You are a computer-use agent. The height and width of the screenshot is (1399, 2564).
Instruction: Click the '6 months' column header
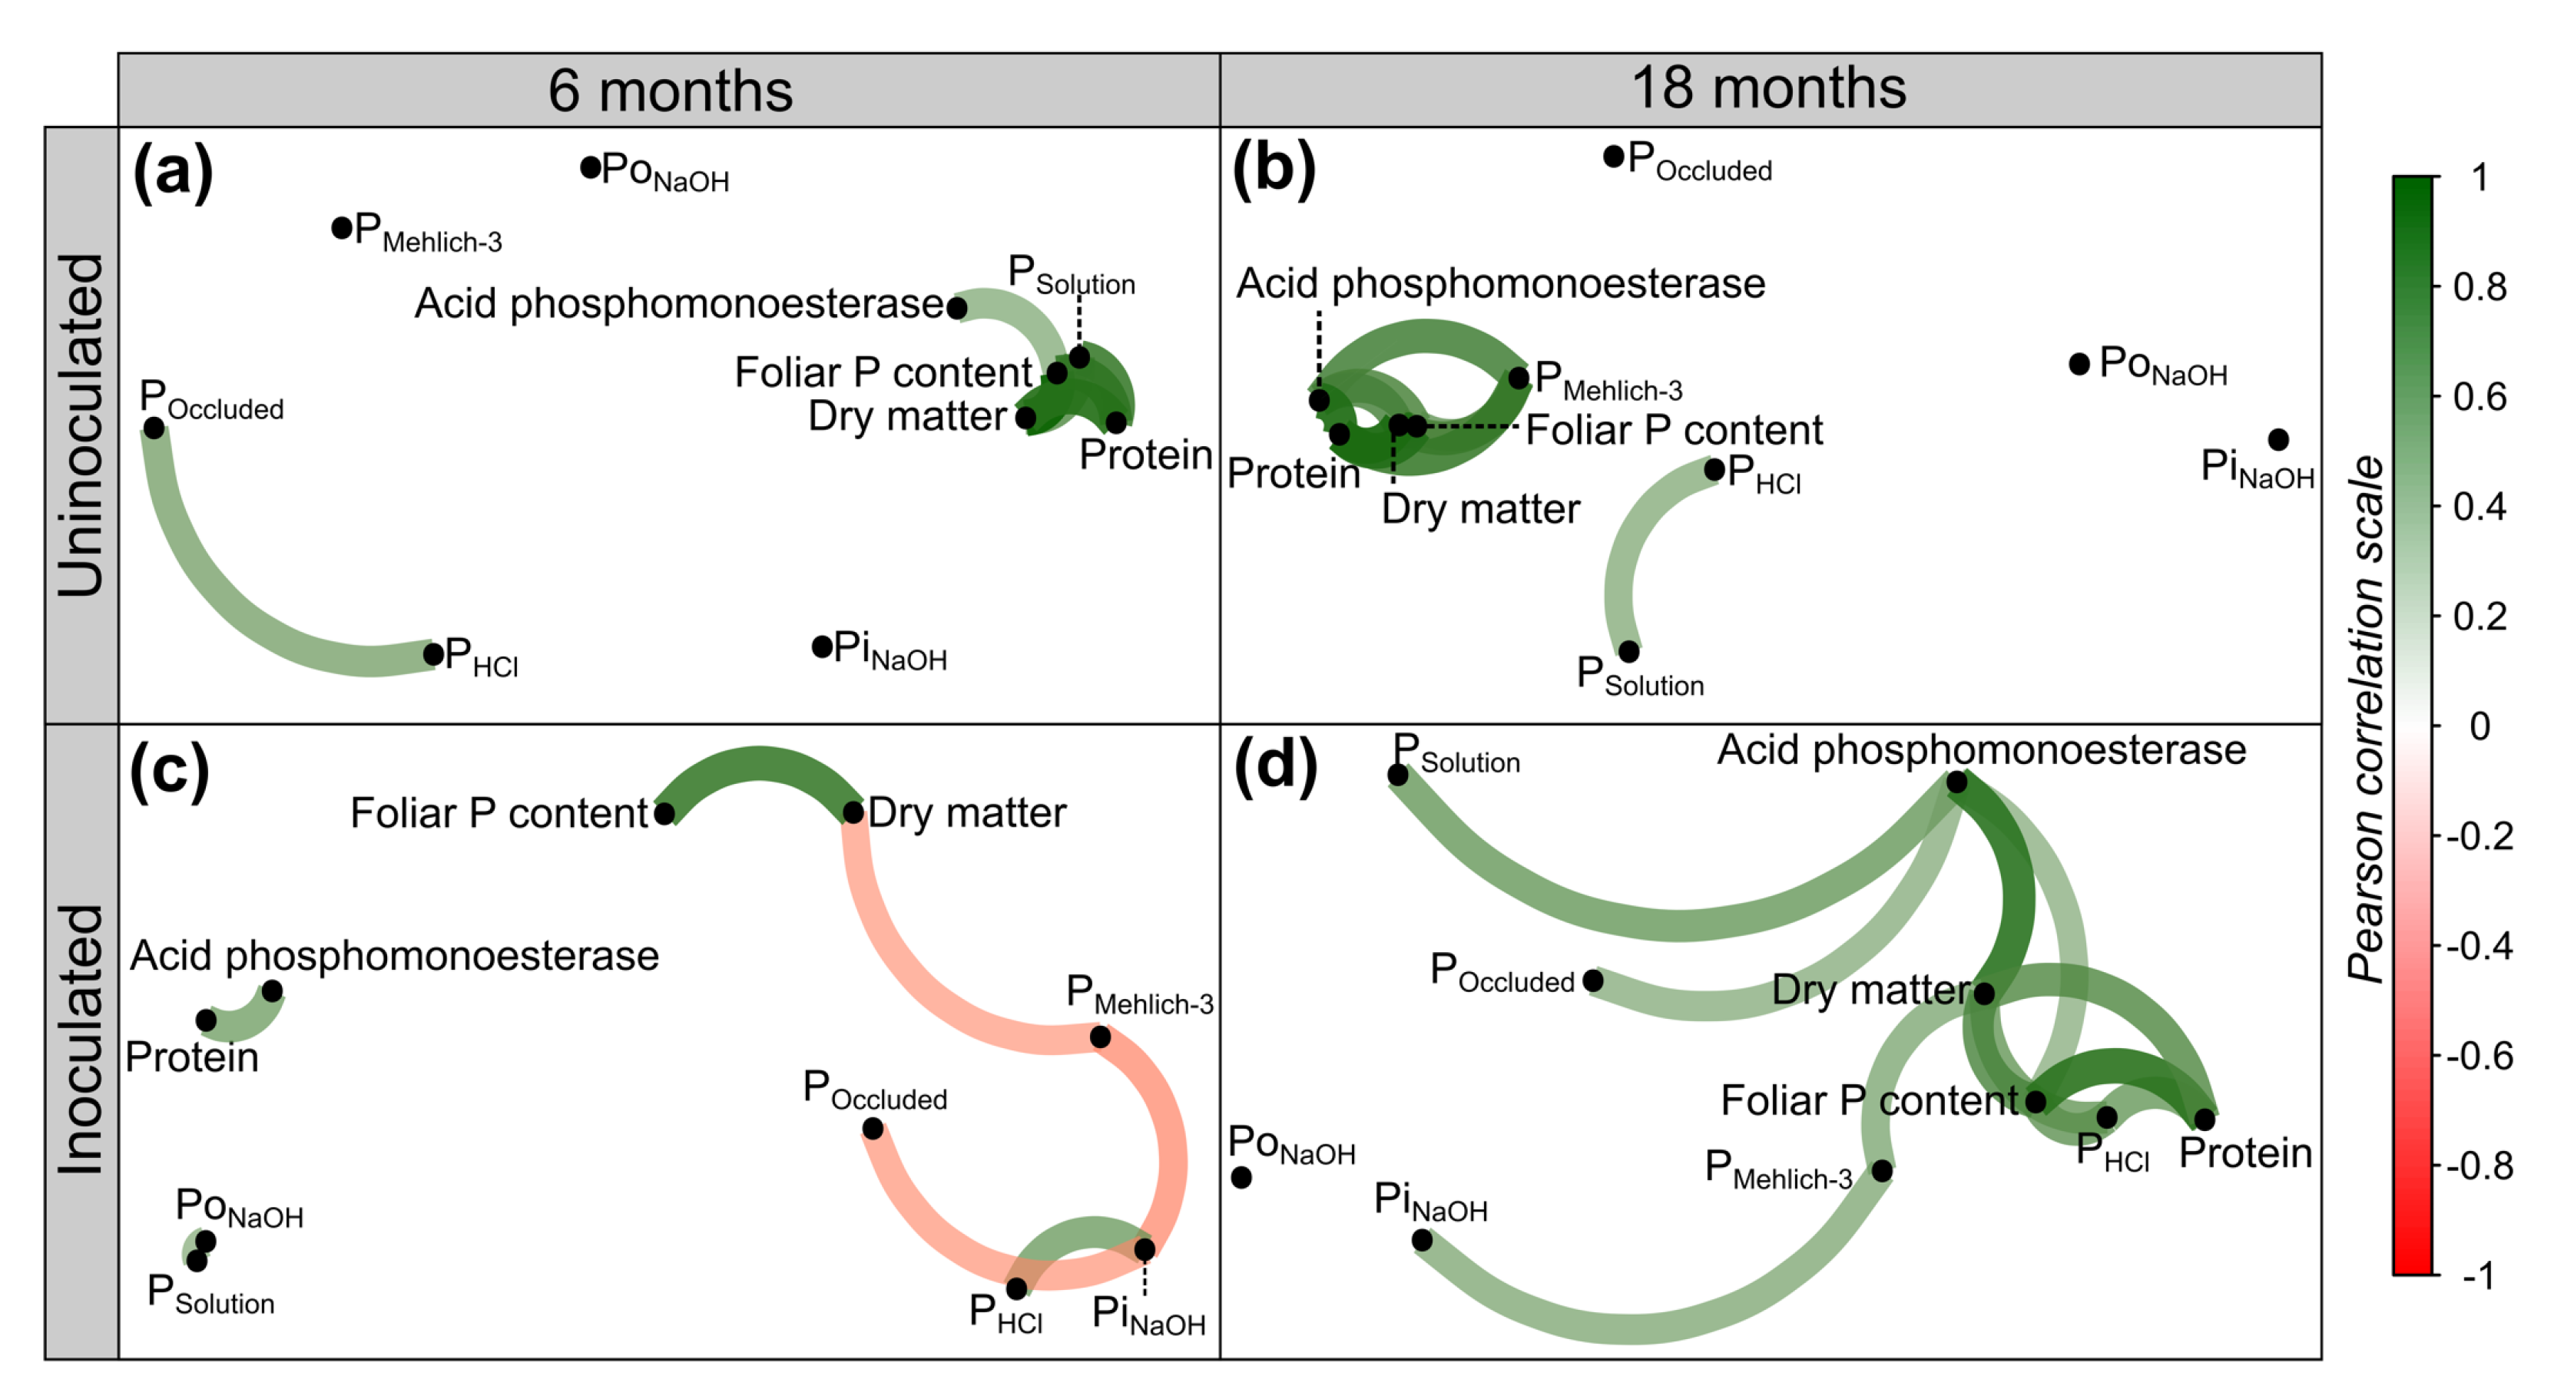669,91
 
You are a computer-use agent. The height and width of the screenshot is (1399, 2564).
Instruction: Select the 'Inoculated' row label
81,1040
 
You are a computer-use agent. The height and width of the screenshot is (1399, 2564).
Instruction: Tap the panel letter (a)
172,170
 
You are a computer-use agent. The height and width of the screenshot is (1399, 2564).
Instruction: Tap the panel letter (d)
1275,767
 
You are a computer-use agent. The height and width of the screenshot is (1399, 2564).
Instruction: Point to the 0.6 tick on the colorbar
2479,397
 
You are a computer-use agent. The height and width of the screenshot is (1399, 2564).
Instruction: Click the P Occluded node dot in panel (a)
154,428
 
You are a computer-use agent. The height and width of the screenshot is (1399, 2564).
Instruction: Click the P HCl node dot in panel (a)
433,653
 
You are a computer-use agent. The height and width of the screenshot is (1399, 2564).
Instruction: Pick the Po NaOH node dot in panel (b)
2079,364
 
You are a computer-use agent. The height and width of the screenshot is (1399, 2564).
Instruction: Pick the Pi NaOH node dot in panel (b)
2277,438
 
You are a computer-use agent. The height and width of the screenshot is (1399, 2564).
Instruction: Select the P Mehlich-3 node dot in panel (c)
1100,1037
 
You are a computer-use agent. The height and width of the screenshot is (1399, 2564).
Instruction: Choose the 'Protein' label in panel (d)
2244,1153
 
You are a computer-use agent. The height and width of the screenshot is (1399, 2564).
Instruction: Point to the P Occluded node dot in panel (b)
1614,156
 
